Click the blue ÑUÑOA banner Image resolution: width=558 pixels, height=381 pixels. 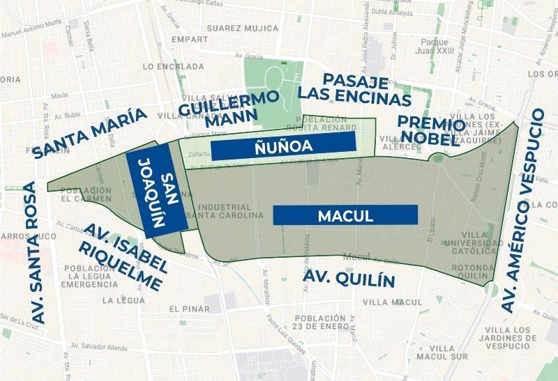pyautogui.click(x=283, y=147)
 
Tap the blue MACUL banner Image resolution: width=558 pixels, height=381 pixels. pyautogui.click(x=345, y=215)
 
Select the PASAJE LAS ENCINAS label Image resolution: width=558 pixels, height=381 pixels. pyautogui.click(x=354, y=86)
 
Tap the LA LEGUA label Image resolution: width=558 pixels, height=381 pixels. pyautogui.click(x=123, y=300)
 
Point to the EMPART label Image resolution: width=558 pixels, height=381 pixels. pyautogui.click(x=194, y=40)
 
